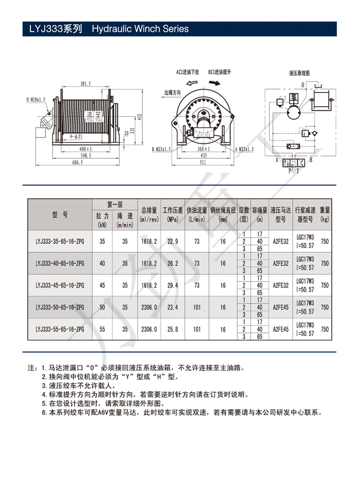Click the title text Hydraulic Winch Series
pos(140,29)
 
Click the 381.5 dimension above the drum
pos(85,84)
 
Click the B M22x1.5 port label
pos(161,149)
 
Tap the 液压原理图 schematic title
pos(300,73)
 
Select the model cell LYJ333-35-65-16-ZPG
pos(59,242)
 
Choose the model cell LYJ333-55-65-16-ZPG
pos(59,329)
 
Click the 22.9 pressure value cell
pos(172,242)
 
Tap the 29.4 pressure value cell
pos(172,285)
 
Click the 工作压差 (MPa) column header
pos(172,215)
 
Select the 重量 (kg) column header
pos(325,215)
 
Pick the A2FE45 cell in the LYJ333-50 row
pos(281,307)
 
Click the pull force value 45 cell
pos(102,285)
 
